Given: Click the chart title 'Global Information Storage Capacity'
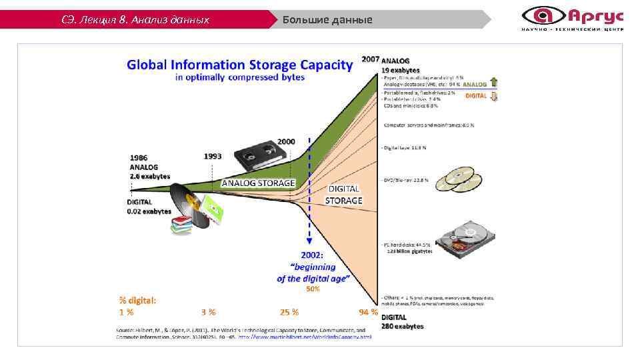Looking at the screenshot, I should (x=239, y=65).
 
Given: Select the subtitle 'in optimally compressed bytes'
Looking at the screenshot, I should (x=240, y=77).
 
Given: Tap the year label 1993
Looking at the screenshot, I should (x=213, y=156).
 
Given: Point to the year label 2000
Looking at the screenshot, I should (x=286, y=142).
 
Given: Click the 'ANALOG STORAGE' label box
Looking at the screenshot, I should (x=258, y=182).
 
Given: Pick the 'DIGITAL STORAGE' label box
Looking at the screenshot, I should (x=343, y=195).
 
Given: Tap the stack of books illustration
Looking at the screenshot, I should (x=181, y=225).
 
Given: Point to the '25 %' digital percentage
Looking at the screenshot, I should (x=289, y=311).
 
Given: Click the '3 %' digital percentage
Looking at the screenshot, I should (x=208, y=311).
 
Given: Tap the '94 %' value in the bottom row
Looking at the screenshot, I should (x=368, y=311).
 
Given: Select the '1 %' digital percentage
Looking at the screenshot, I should (x=126, y=311).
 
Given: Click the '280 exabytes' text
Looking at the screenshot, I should (x=403, y=326).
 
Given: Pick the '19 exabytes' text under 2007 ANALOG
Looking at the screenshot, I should (x=401, y=69).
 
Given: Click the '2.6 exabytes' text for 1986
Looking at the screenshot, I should (x=150, y=177).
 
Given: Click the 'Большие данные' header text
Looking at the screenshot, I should (x=327, y=19).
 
